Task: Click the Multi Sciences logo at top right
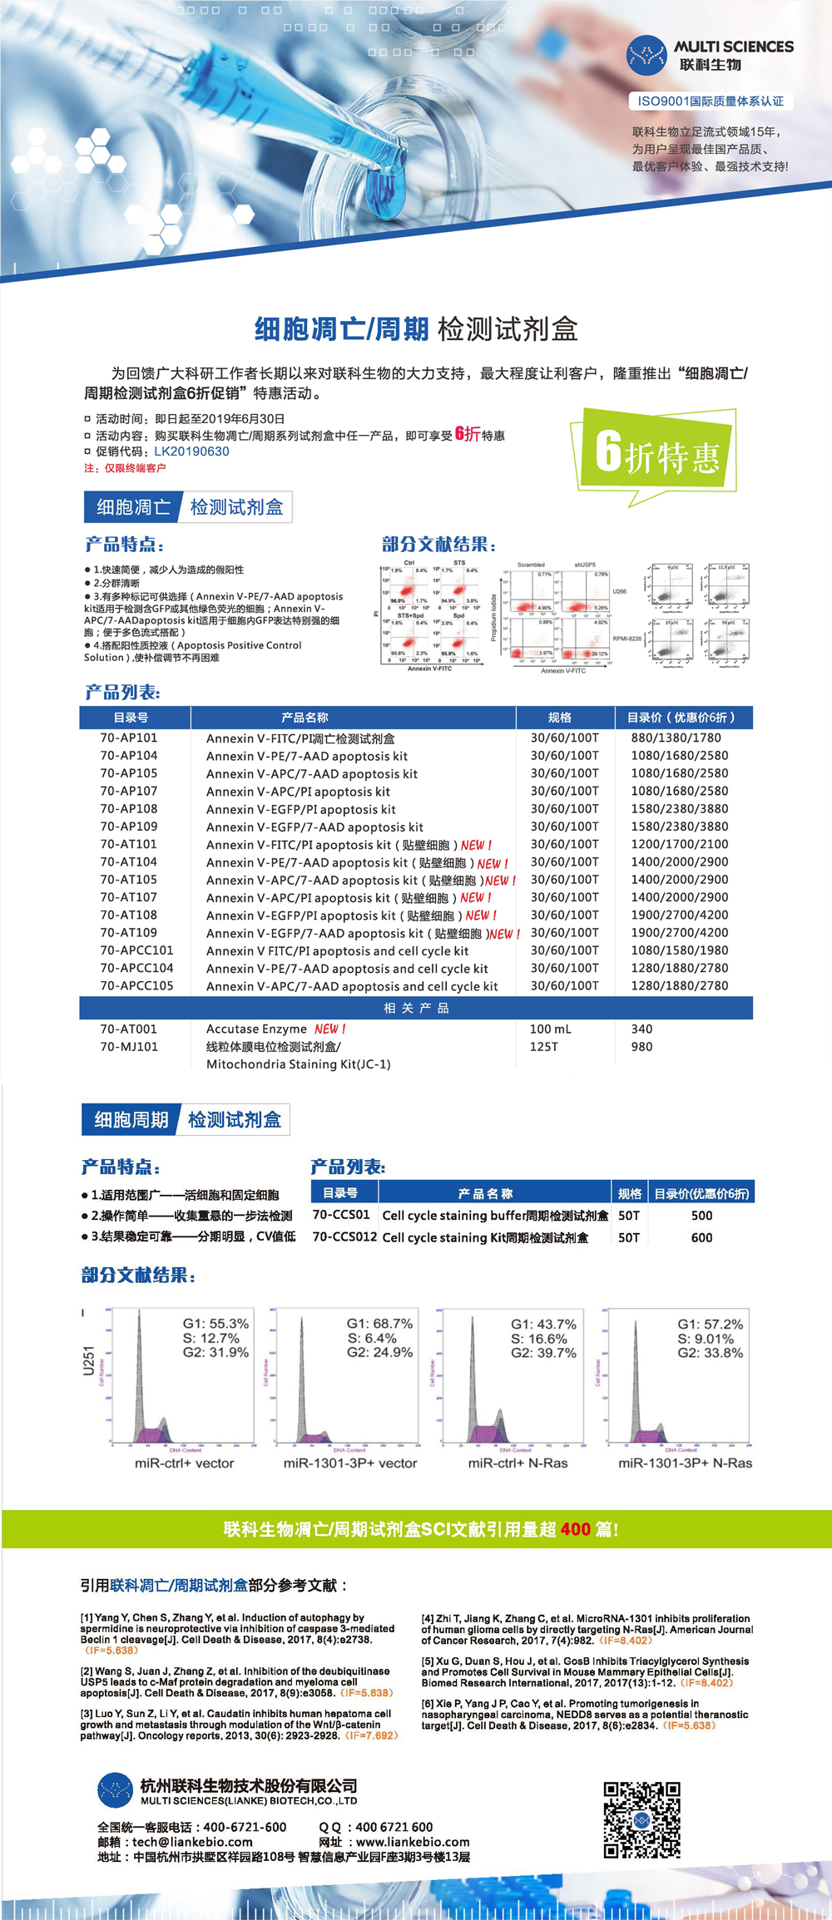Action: [x=709, y=56]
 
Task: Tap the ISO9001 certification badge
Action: [x=711, y=101]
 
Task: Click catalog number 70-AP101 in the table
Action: [x=128, y=738]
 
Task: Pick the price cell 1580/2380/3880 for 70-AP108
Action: [x=679, y=808]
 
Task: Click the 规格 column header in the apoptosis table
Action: [x=559, y=717]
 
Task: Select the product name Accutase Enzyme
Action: [x=256, y=1029]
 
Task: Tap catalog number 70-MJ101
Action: [x=128, y=1046]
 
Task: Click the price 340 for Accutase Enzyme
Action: [x=641, y=1029]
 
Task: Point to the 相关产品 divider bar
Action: [x=416, y=1008]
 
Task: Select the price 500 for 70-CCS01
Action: [x=701, y=1215]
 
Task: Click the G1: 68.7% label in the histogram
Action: [x=379, y=1323]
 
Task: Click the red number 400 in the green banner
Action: [x=575, y=1529]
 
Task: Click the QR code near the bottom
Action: [x=641, y=1820]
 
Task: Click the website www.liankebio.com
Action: [x=412, y=1842]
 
